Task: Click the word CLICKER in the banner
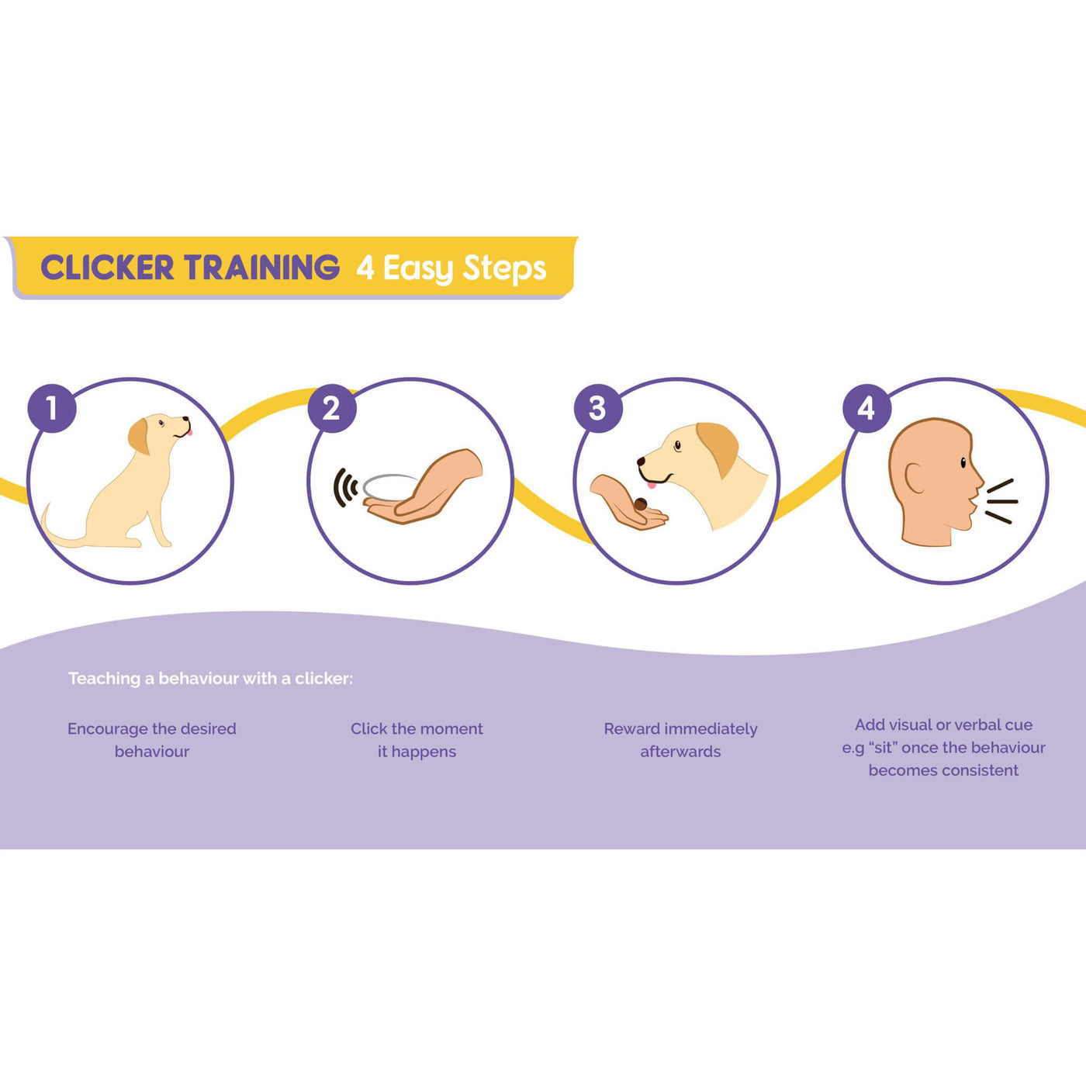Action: [107, 267]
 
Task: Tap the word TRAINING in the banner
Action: [262, 267]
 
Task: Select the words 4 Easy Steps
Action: [451, 268]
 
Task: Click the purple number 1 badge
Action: [53, 409]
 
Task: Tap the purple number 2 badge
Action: [332, 409]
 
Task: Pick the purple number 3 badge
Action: [599, 409]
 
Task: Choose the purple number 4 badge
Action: [866, 409]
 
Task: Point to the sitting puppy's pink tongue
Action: [191, 432]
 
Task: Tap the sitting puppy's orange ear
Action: [139, 436]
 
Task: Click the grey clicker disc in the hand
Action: [390, 486]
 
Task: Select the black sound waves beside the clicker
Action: [345, 487]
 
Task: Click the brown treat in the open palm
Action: [640, 504]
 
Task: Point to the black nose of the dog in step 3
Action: [641, 462]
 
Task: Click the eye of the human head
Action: [963, 462]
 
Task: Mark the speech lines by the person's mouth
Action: [1001, 501]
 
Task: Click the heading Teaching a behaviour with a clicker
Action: [210, 679]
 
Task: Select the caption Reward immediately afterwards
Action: [680, 740]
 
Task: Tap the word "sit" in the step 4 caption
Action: [884, 748]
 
